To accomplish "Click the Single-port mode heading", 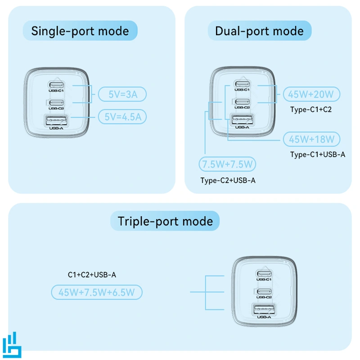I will (x=80, y=31).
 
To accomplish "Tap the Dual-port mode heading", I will (x=259, y=31).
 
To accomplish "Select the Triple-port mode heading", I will (x=165, y=221).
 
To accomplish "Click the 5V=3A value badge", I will (x=122, y=94).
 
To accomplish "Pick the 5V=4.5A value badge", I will (x=122, y=117).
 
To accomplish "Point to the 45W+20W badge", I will (x=311, y=94).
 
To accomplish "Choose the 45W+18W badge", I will (x=311, y=139).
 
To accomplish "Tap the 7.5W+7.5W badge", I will (x=227, y=164).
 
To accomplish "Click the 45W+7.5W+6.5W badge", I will (x=97, y=292).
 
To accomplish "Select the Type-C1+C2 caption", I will (x=311, y=109).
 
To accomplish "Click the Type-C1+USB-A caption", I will (x=318, y=154).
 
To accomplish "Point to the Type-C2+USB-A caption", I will (x=228, y=180).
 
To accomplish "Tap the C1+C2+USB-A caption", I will (x=95, y=274).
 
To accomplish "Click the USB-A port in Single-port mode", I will (x=56, y=121).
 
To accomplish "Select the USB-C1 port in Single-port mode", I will (x=57, y=84).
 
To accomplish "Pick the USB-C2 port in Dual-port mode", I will (x=242, y=101).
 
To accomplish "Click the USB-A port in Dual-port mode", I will (x=242, y=120).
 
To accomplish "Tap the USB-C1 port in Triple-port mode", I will (x=264, y=273).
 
